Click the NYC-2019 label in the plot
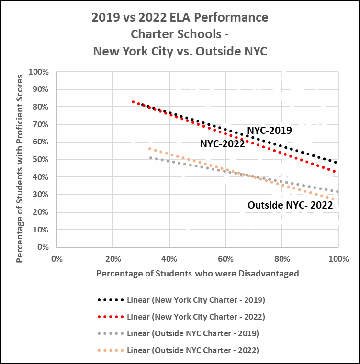coord(269,130)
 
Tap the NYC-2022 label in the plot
coord(222,143)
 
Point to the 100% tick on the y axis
coord(39,72)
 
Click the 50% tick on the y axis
coord(41,159)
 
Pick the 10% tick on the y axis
coord(41,230)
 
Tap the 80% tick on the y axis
coord(41,107)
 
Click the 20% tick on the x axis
coord(112,259)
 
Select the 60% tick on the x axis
coord(225,259)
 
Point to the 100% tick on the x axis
coord(338,259)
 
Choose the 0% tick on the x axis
coord(56,259)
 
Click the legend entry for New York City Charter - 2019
coord(196,300)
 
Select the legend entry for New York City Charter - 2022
coord(196,317)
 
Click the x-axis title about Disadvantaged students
coord(197,274)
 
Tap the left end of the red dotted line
coord(133,101)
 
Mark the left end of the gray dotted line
coord(151,157)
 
